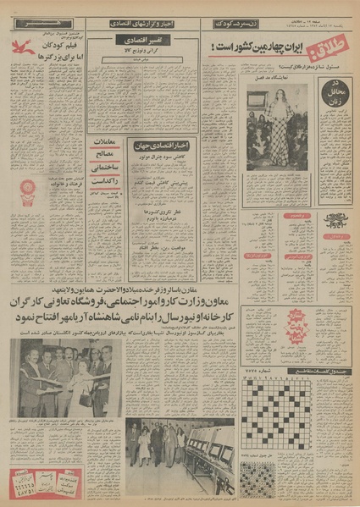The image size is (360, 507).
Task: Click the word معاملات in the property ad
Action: coord(105,143)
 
